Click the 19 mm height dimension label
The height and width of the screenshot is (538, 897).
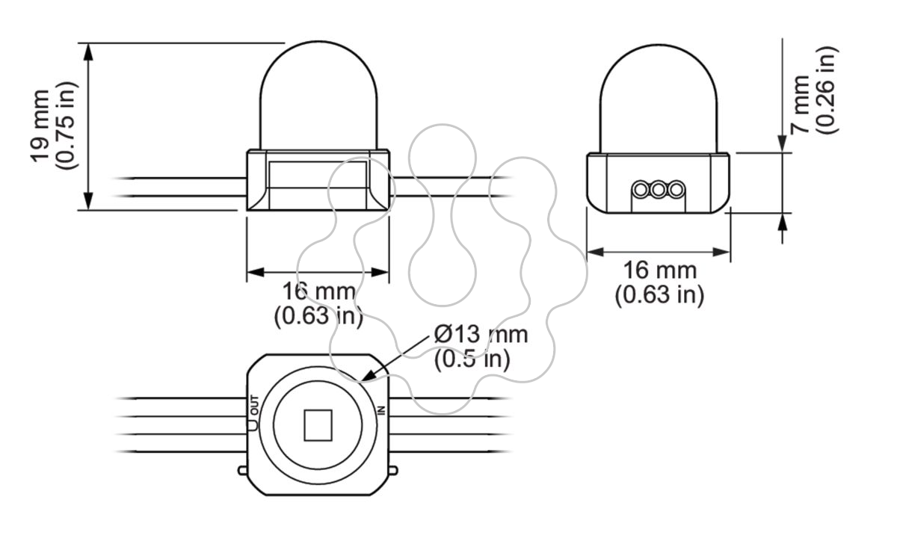point(40,126)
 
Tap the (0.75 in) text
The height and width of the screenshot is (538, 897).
point(65,126)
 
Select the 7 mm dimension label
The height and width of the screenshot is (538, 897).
point(800,105)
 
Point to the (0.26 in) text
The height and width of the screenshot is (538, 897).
point(826,90)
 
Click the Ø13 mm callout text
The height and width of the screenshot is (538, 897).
point(481,335)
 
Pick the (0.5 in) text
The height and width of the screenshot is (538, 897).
point(472,359)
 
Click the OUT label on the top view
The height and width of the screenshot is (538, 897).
point(254,405)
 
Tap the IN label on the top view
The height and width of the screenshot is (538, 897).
point(380,410)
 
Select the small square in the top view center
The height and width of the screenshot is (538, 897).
point(318,425)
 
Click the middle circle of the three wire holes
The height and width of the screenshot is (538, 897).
point(659,189)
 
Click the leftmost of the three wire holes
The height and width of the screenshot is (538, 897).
point(641,189)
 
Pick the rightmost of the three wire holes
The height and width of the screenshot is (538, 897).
point(676,189)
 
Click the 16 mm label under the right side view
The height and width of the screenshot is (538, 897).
point(660,270)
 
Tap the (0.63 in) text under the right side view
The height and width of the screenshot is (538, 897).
point(659,295)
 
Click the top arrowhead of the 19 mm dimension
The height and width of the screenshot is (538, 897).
point(88,52)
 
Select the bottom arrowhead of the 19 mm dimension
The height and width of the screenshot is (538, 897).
point(88,201)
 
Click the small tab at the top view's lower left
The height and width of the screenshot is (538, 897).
point(243,470)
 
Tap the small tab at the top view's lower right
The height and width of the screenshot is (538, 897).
point(393,470)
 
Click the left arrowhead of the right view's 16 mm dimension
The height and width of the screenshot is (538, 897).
point(595,253)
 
